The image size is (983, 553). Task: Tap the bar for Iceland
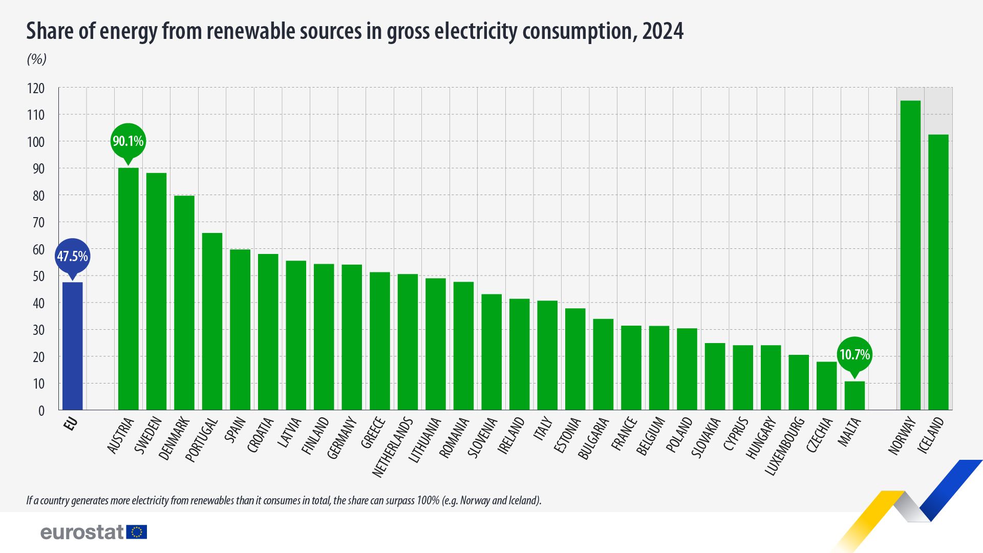click(x=938, y=272)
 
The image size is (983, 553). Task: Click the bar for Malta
click(x=854, y=395)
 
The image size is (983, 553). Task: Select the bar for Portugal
click(x=212, y=321)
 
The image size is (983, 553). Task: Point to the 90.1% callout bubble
click(x=128, y=141)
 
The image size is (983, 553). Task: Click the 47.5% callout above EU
click(x=72, y=256)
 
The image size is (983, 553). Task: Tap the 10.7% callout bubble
click(x=854, y=354)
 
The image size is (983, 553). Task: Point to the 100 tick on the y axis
click(x=36, y=142)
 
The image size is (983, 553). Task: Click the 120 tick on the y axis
click(x=36, y=89)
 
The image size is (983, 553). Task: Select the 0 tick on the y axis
click(x=41, y=411)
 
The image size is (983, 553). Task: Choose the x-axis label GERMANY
click(x=341, y=438)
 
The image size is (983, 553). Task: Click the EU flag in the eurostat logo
click(x=137, y=532)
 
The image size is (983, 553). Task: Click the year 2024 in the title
click(x=663, y=31)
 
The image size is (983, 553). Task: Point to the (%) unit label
click(x=36, y=59)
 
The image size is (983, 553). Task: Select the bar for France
click(x=631, y=367)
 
